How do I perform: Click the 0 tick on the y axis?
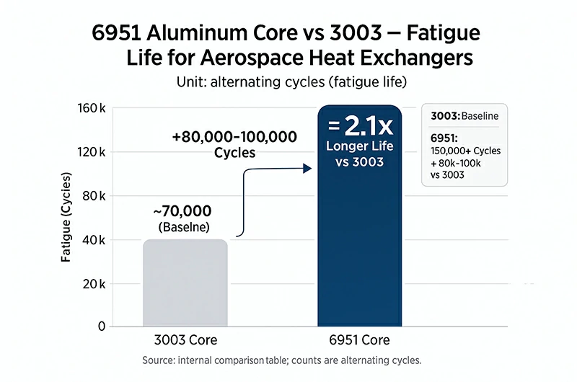click(x=102, y=327)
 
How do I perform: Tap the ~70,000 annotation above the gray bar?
click(x=182, y=211)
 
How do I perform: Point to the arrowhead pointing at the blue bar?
click(x=307, y=168)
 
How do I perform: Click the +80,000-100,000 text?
click(x=234, y=137)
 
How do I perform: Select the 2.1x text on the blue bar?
click(x=368, y=127)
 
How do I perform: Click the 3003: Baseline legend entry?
click(x=464, y=115)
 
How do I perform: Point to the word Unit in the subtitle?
click(x=191, y=82)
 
